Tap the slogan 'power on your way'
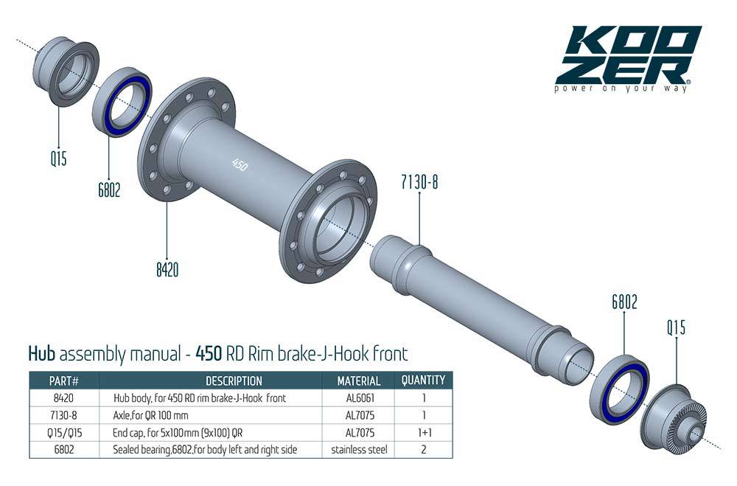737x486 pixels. [x=621, y=88]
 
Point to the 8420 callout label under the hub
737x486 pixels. [x=167, y=270]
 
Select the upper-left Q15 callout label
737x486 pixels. [x=59, y=158]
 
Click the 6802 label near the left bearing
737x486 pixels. [x=109, y=190]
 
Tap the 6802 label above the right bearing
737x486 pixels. [x=624, y=302]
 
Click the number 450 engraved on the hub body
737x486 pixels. [x=240, y=164]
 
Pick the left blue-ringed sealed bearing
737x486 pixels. [x=123, y=103]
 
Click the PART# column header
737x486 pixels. [x=63, y=381]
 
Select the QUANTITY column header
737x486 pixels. [x=423, y=381]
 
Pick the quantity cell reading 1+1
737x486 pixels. [x=423, y=432]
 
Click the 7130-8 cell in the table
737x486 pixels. [x=63, y=415]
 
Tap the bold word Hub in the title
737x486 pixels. [x=42, y=353]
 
